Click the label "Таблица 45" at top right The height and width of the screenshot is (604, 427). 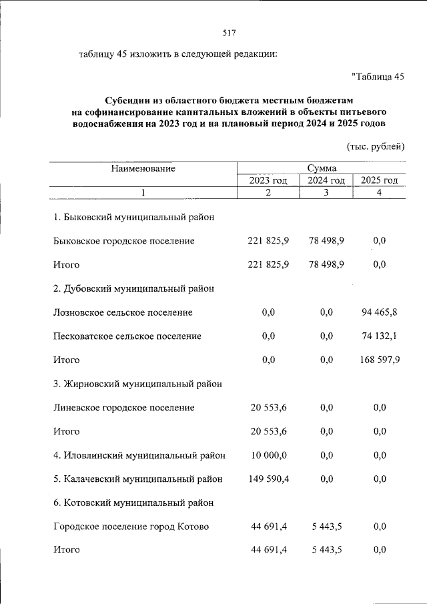[378, 77]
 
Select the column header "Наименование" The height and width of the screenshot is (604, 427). [143, 169]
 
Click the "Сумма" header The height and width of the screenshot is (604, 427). [322, 169]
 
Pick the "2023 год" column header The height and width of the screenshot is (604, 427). [268, 181]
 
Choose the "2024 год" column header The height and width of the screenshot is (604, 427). [326, 181]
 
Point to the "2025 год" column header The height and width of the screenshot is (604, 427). [379, 181]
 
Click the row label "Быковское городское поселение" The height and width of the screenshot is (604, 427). [124, 241]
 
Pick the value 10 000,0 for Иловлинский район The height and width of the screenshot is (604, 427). [269, 455]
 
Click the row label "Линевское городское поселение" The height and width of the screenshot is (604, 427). [124, 407]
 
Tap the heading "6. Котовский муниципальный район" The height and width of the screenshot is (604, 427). [133, 503]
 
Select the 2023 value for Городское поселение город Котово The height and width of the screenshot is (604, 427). [269, 527]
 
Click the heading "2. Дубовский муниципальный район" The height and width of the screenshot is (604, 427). [134, 288]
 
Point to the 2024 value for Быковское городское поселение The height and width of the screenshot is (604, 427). [326, 241]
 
